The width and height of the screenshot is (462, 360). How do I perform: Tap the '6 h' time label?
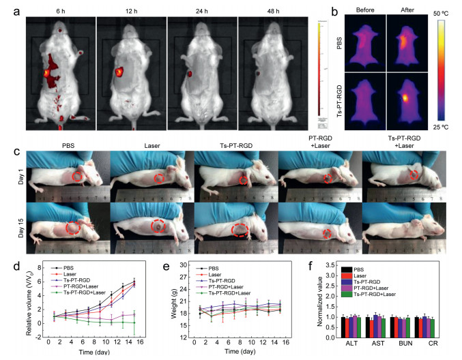point(59,10)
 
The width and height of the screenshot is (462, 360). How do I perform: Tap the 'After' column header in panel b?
point(407,11)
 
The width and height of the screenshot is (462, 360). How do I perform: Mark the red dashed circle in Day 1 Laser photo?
point(158,179)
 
